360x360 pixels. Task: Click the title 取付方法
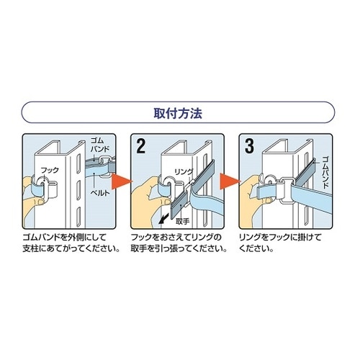pos(178,113)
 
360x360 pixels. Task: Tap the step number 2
pos(140,146)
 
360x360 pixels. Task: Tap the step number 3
pos(249,146)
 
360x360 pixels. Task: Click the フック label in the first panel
pos(50,171)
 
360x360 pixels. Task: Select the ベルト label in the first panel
pos(100,192)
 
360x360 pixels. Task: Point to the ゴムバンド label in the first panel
pos(100,145)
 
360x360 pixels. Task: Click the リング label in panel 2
pos(184,172)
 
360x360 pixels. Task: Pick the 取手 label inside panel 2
pos(182,221)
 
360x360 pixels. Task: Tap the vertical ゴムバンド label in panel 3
pos(325,173)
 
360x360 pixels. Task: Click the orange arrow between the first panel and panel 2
pos(122,182)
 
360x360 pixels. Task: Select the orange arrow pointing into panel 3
pos(230,182)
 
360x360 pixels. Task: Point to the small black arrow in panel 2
pos(163,219)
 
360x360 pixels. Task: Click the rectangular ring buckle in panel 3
pos(286,190)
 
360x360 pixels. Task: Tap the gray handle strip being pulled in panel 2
pos(181,207)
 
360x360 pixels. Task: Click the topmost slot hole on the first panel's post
pos(78,165)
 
